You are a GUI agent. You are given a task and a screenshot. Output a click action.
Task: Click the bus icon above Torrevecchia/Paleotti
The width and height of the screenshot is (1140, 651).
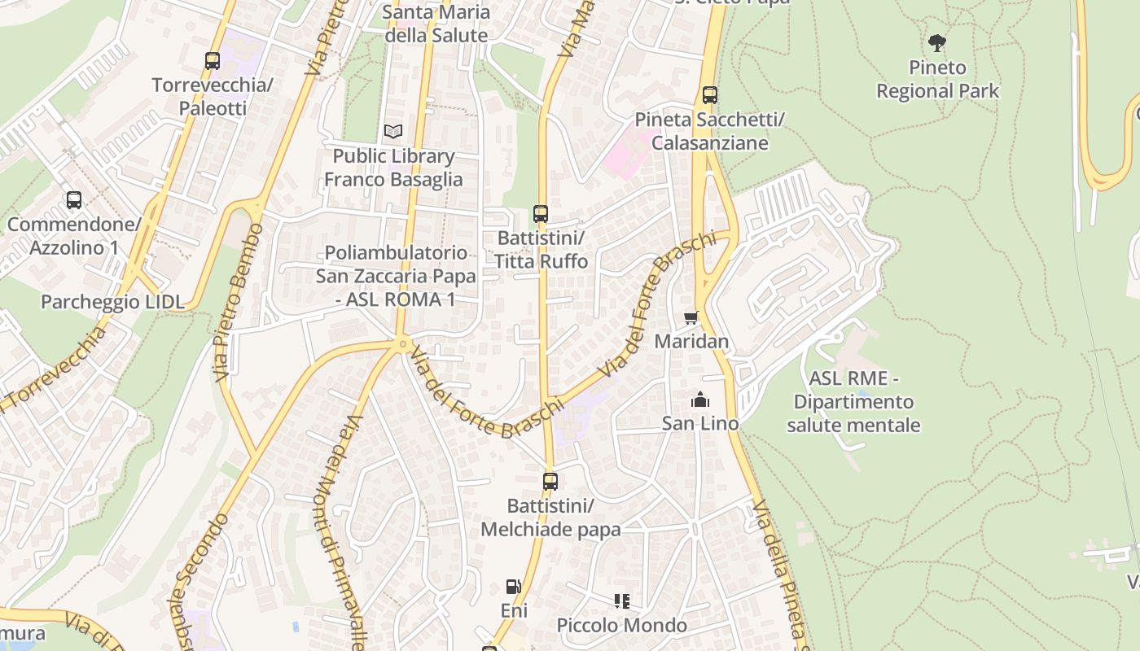213,60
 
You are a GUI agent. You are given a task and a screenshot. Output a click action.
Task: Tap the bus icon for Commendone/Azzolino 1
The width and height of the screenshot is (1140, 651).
74,199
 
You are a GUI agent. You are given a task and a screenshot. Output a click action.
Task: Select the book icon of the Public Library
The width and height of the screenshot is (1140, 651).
393,131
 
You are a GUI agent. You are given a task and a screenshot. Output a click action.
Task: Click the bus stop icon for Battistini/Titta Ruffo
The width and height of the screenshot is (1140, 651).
541,214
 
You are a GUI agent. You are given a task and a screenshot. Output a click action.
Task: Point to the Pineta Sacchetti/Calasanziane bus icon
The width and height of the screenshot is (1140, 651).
710,95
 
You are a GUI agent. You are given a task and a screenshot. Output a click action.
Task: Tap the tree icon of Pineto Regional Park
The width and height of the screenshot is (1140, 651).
937,43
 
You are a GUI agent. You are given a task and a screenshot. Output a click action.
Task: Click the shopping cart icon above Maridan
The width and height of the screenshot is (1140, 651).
691,317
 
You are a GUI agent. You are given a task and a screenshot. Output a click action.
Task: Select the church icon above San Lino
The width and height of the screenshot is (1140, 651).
699,400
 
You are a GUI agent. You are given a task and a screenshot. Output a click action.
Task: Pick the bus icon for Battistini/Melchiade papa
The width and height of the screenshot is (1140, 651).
550,482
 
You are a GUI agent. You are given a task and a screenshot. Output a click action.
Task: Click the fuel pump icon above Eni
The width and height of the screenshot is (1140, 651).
514,586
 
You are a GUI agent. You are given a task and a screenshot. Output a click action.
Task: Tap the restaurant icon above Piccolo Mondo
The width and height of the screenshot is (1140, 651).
622,601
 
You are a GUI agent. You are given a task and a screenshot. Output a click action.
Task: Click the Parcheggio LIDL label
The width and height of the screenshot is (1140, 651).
112,302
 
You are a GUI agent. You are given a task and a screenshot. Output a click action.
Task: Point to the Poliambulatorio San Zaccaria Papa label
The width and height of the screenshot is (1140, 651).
396,276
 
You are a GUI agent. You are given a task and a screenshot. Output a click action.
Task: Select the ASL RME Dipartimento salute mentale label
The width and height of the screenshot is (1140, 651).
853,402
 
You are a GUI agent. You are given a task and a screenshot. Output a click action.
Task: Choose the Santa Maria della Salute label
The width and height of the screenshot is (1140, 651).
436,24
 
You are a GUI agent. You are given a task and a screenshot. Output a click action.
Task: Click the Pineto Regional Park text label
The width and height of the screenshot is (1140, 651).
937,79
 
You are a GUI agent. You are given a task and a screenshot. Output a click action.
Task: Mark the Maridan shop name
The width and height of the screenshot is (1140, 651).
691,341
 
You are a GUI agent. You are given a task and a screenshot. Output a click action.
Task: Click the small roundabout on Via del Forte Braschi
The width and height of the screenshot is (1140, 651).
401,345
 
